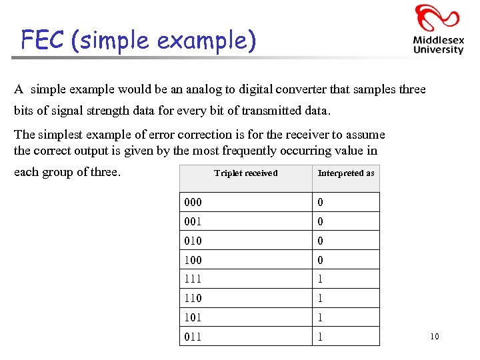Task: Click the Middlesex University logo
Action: [x=437, y=29]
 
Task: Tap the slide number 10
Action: [x=434, y=337]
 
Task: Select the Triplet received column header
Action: [x=245, y=173]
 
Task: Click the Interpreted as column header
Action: [x=346, y=173]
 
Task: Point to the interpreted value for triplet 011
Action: [x=321, y=337]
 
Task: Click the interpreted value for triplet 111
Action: [x=321, y=279]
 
